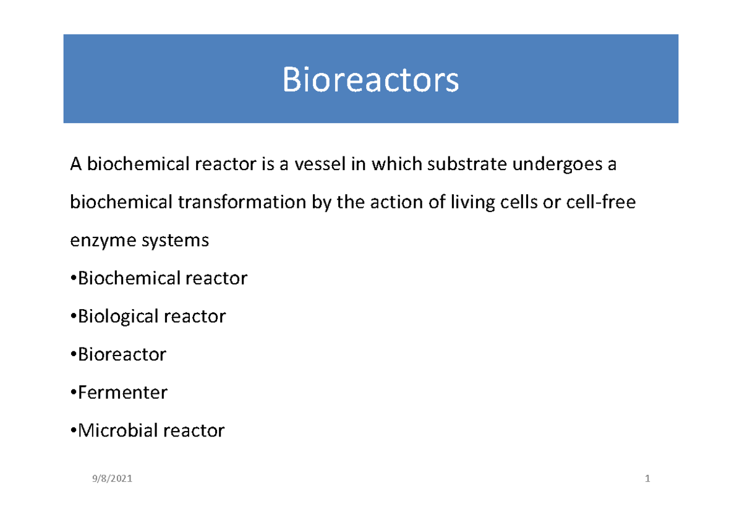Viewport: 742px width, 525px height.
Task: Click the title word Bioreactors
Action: click(370, 80)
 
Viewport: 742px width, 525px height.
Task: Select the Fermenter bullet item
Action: click(121, 393)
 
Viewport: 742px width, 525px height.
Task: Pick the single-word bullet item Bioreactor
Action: click(121, 355)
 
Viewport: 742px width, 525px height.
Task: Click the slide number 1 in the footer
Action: click(647, 479)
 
